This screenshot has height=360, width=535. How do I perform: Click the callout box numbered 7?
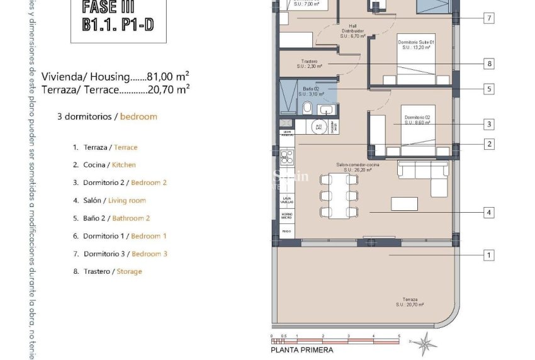coord(488,18)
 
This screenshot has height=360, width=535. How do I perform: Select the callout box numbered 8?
coord(488,64)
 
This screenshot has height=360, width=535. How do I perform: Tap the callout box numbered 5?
coord(488,89)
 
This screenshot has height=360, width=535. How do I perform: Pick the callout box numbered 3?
coord(488,124)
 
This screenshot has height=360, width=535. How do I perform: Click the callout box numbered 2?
coord(488,144)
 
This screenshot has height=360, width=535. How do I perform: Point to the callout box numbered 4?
coord(488,213)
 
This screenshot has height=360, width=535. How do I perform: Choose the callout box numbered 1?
coord(488,255)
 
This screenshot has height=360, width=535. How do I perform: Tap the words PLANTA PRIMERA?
coord(302,350)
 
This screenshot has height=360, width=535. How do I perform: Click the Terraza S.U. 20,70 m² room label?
coord(410,302)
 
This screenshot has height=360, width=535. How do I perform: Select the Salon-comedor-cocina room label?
coord(354,167)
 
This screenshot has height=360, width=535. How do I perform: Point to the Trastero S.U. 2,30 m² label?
coord(308,64)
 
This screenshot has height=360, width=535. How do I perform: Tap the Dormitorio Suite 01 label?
coord(416,44)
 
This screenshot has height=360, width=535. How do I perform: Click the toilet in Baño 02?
coord(307,109)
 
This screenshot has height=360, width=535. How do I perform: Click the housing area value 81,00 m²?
coord(169,77)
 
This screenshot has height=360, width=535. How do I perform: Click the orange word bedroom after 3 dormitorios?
coord(138,116)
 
